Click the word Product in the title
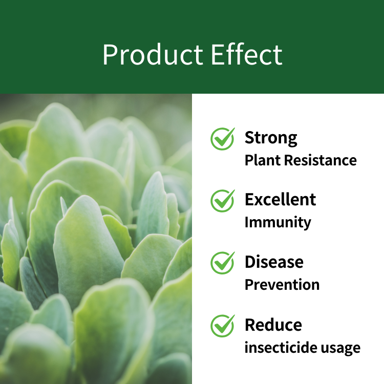click(153, 54)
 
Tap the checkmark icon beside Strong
click(223, 139)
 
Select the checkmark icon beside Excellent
click(223, 201)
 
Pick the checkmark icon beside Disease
click(223, 263)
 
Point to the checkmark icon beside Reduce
click(223, 326)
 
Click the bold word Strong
click(271, 138)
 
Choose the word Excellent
click(280, 199)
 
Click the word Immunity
click(278, 223)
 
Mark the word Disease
click(274, 262)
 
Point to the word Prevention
click(282, 285)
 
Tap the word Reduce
click(273, 325)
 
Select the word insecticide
click(281, 347)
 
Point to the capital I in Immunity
click(247, 222)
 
